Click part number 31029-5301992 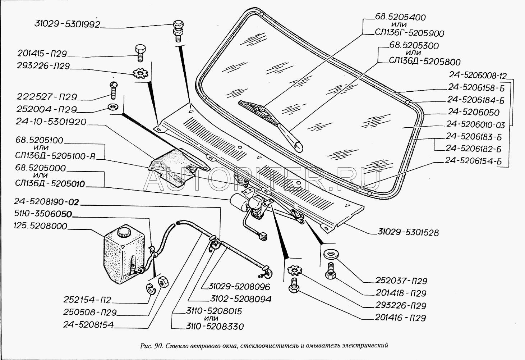coord(67,24)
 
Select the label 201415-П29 coord(42,54)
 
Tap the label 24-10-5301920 coord(51,122)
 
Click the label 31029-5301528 coord(408,232)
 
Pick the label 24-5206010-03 coord(475,124)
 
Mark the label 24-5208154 coord(88,325)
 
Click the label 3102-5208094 coord(240,299)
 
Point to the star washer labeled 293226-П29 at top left coord(141,74)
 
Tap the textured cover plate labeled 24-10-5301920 coord(176,166)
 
